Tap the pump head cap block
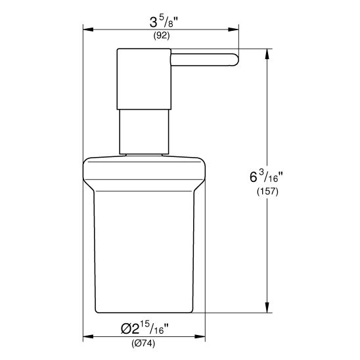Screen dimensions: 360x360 tap(144, 79)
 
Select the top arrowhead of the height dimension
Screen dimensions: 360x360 tap(267, 53)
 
